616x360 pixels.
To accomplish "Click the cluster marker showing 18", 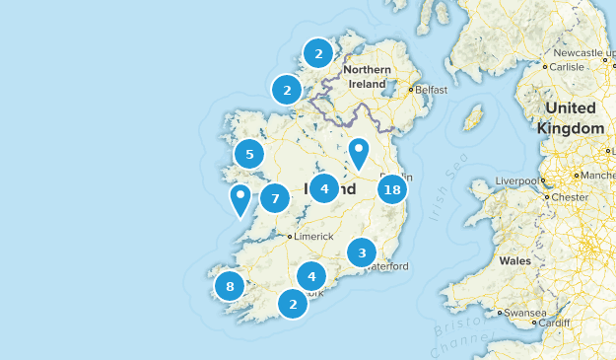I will pos(392,190).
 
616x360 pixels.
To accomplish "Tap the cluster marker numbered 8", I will pos(230,287).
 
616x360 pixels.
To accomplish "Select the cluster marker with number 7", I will pos(275,198).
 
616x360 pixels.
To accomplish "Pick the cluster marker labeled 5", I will pos(249,155).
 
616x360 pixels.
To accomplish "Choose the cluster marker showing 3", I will pos(362,252).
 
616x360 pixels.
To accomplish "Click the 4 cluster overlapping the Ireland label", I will pos(324,187).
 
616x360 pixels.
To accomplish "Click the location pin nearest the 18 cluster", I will pos(360,153).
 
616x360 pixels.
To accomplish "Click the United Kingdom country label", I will pos(571,118).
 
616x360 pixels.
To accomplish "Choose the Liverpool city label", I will pos(516,181).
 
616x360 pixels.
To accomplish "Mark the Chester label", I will pos(570,196).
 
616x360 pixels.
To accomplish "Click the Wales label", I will pos(514,261).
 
